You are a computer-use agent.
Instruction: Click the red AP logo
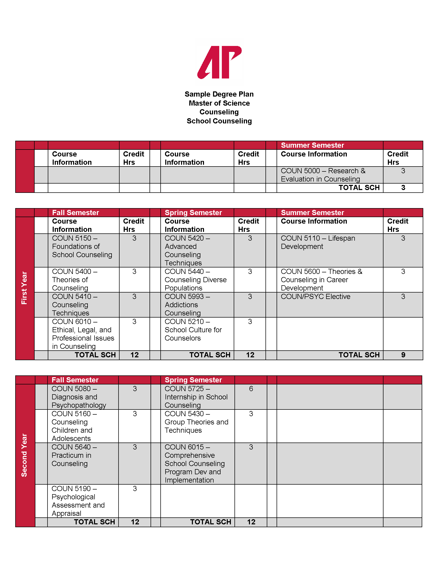[219, 62]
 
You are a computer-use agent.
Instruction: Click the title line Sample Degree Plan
[219, 94]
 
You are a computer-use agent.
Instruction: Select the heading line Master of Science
[219, 103]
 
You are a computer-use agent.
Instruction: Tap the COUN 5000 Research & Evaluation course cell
[323, 175]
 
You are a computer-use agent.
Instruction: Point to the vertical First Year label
[24, 288]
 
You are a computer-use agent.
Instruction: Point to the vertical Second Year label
[24, 455]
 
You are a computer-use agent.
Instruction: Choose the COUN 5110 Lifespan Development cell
[318, 242]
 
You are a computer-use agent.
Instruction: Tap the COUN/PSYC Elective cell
[316, 297]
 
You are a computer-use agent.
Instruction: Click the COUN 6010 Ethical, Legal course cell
[83, 334]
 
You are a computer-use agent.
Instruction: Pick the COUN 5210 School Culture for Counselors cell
[193, 330]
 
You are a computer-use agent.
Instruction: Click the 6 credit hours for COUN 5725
[251, 389]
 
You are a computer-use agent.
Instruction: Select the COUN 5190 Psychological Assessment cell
[78, 501]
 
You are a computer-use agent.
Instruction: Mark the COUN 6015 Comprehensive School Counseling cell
[194, 463]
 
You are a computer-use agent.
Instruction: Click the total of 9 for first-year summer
[403, 355]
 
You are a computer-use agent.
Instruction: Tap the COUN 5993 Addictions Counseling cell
[187, 305]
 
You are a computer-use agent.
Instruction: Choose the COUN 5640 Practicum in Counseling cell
[74, 455]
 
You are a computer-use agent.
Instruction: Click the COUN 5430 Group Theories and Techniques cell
[196, 422]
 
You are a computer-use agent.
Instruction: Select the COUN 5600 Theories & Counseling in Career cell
[322, 280]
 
